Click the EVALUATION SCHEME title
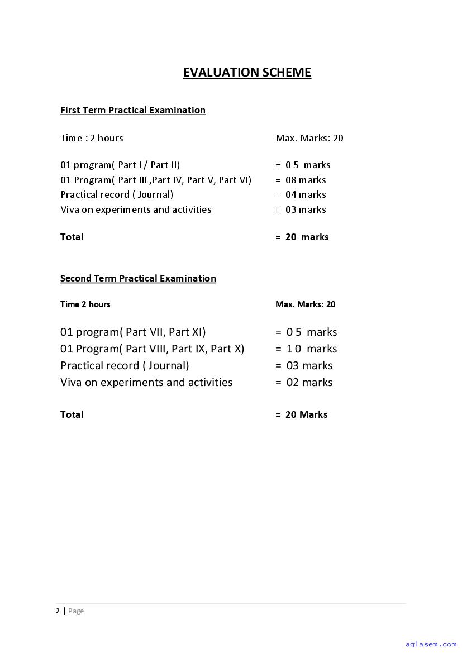pos(247,73)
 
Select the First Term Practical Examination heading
pos(133,110)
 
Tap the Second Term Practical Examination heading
pos(138,278)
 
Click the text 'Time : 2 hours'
pos(92,138)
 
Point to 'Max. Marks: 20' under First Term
pos(309,138)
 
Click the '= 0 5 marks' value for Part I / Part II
pos(303,165)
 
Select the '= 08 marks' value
pos(301,180)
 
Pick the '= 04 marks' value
pos(301,194)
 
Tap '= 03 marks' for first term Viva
pos(301,209)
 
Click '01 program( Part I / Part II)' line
pos(120,165)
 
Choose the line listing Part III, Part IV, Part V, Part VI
pos(156,180)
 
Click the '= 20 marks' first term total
pos(302,237)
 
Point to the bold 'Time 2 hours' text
pos(85,304)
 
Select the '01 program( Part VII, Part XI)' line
pos(133,332)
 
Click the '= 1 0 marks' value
pos(306,349)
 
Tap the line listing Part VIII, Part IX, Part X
pos(152,349)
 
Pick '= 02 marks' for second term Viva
pos(304,383)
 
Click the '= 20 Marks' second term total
pos(301,414)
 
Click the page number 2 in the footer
pos(58,611)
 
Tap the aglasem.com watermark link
pos(431,644)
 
